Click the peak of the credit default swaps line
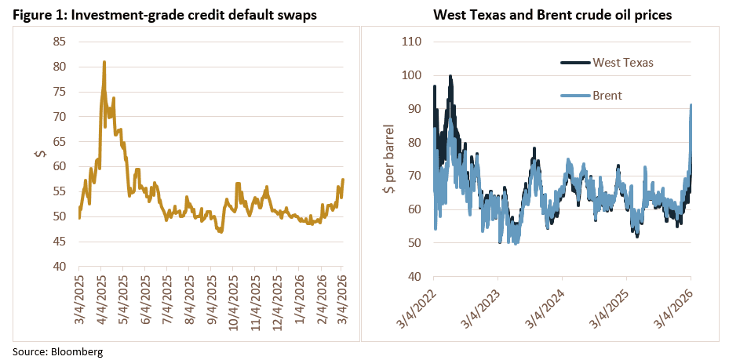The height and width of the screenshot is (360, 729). point(104,62)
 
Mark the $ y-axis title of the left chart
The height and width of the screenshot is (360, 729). point(40,154)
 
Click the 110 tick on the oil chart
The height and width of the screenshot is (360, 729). point(411,42)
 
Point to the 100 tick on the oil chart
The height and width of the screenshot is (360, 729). point(411,75)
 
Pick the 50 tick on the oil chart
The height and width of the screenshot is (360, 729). point(414,242)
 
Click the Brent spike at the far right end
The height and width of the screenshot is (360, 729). point(691,105)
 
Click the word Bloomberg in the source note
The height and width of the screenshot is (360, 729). point(78,351)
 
